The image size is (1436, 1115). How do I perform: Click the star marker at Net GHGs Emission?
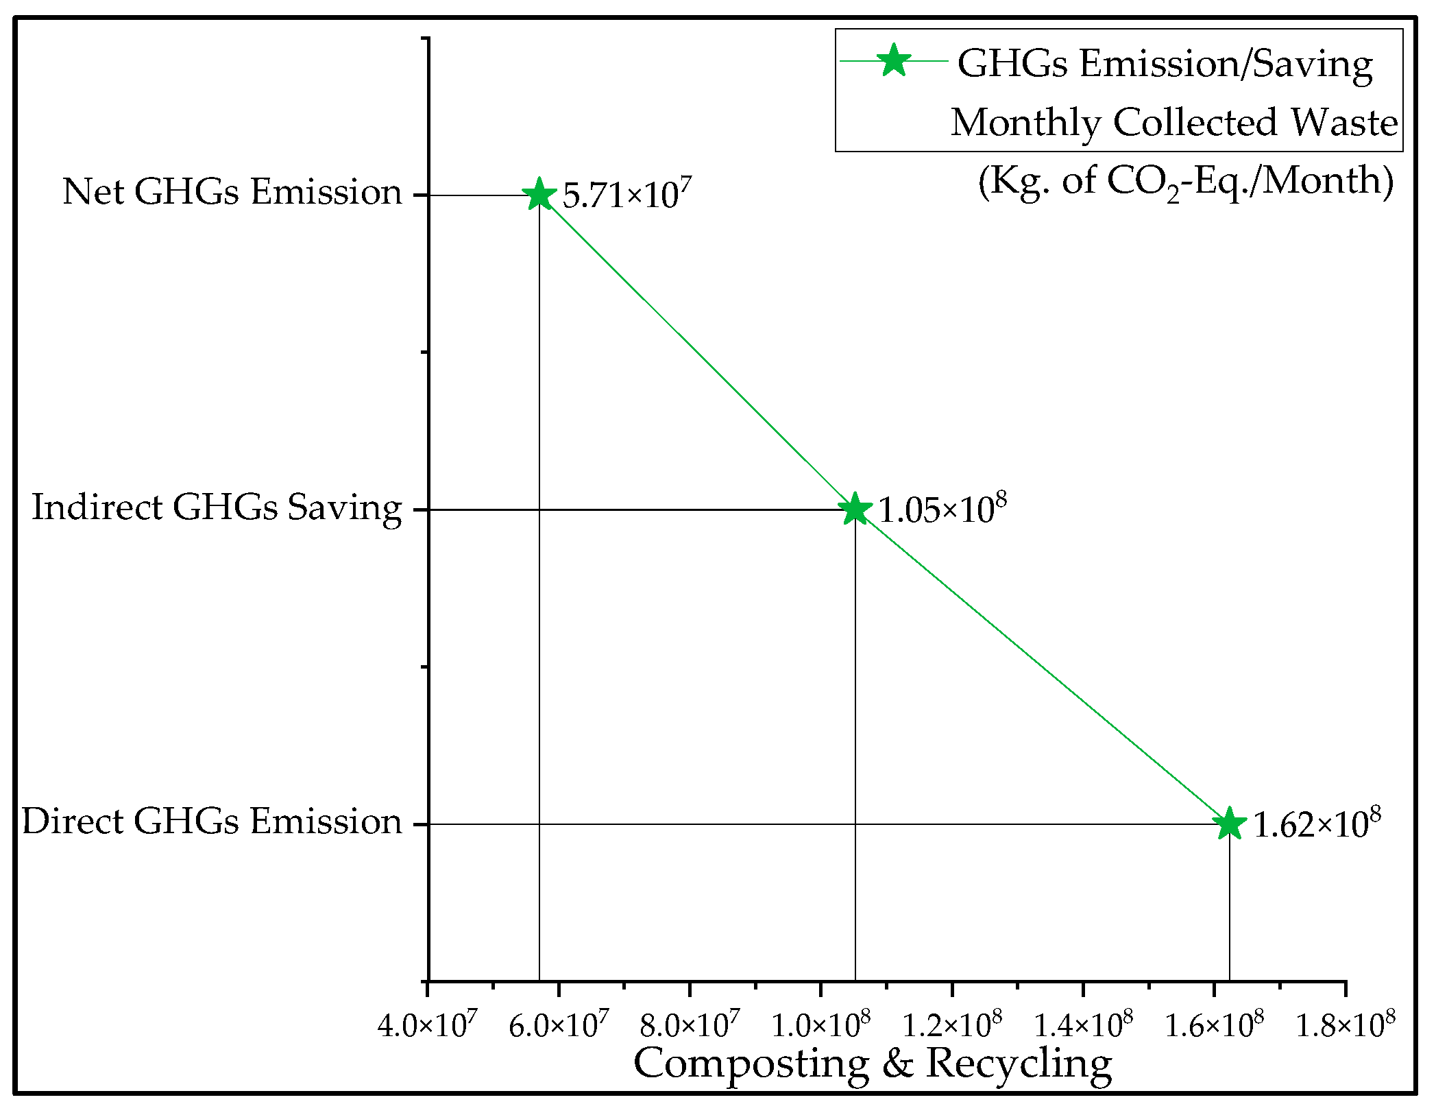[x=539, y=195]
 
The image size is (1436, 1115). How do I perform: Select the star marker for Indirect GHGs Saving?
[x=855, y=509]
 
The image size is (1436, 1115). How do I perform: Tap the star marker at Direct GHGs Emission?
[x=1230, y=824]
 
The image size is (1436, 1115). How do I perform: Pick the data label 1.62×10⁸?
[x=1316, y=823]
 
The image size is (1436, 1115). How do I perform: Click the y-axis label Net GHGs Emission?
[x=232, y=192]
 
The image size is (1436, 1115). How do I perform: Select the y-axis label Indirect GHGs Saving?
[x=217, y=508]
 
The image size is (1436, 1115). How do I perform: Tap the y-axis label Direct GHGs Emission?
[x=211, y=822]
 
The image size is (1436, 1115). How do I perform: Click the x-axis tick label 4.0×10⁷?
[x=427, y=1024]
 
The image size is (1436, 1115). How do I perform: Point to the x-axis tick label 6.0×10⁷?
[x=559, y=1024]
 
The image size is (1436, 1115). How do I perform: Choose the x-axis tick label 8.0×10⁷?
[x=690, y=1024]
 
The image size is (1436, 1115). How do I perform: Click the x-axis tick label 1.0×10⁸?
[x=820, y=1024]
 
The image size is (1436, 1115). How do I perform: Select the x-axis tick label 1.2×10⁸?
[x=951, y=1024]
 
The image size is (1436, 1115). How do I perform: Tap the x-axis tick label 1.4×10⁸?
[x=1083, y=1024]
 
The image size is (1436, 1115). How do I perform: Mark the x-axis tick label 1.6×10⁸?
[x=1214, y=1024]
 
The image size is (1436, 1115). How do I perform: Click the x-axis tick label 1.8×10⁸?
[x=1345, y=1024]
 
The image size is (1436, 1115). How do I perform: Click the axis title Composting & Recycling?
[x=872, y=1065]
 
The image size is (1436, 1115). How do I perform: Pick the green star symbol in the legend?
[x=894, y=61]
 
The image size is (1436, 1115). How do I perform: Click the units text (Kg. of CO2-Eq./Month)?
[x=1186, y=182]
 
